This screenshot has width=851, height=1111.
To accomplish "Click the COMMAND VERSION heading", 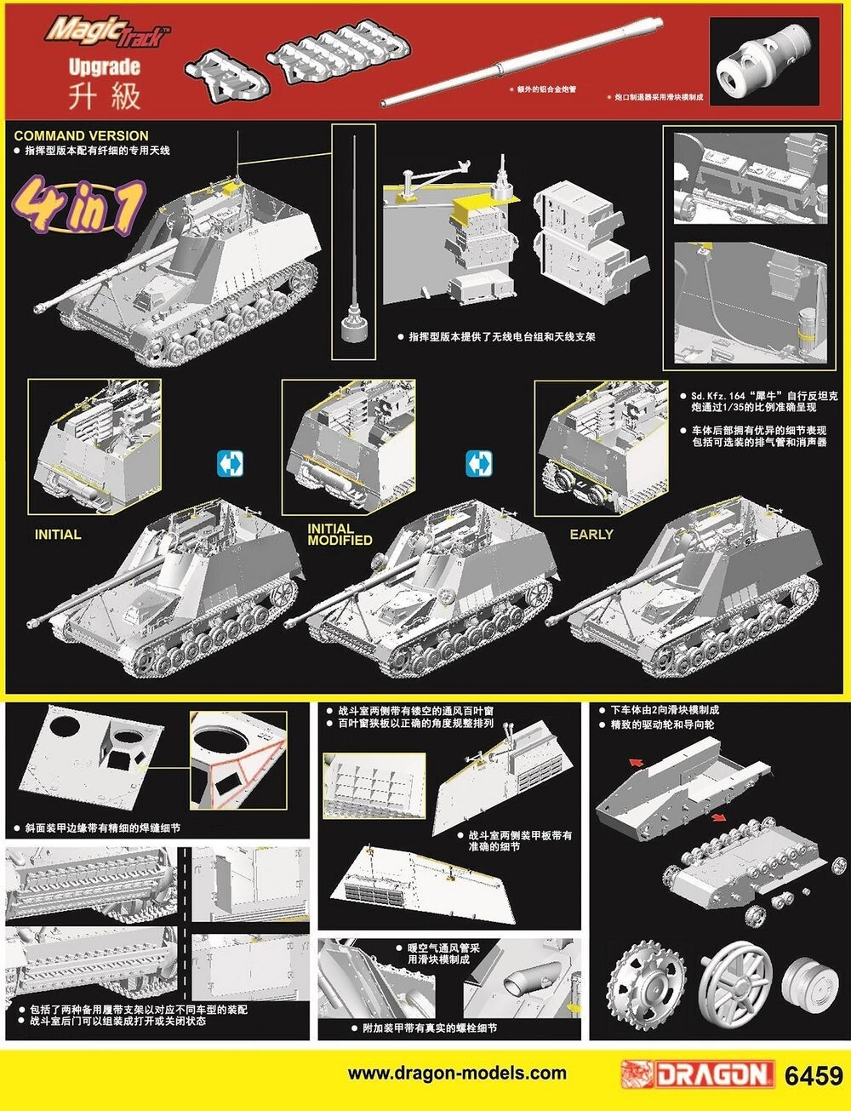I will (x=81, y=135).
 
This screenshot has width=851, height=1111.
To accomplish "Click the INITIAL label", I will (x=58, y=535).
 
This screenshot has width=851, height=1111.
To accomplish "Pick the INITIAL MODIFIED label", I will (x=340, y=535).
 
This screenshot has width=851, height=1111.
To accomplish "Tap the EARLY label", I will (x=591, y=535).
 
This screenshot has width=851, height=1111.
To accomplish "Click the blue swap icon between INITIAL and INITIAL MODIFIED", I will (x=231, y=464).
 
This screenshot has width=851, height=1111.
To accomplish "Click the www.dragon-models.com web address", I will (x=457, y=1074).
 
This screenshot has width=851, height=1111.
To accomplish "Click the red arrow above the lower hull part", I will (x=636, y=763).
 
